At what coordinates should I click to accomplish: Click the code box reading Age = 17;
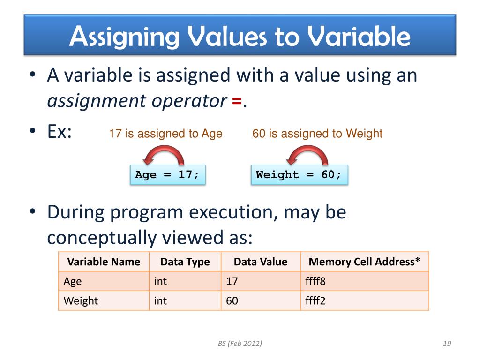point(167,175)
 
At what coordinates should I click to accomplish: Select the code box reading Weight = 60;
point(299,175)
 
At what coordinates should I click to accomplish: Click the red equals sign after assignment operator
point(237,100)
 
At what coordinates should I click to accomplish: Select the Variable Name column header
point(104,262)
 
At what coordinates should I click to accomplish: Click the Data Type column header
point(185,262)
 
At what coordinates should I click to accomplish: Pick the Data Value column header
point(260,262)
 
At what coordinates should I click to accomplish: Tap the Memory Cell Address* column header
point(364,262)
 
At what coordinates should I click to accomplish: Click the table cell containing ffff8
point(364,281)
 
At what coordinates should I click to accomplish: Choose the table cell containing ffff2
point(364,300)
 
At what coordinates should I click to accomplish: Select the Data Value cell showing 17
point(260,281)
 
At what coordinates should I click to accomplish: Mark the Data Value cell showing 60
point(260,300)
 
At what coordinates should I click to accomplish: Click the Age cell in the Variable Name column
point(104,281)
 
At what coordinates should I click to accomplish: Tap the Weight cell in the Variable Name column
point(104,300)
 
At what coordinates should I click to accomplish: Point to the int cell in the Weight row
point(185,300)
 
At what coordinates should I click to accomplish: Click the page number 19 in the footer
point(446,344)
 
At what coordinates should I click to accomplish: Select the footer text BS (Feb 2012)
point(240,344)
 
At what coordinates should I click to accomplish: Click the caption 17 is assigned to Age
point(165,134)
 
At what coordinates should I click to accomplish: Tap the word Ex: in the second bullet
point(60,132)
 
